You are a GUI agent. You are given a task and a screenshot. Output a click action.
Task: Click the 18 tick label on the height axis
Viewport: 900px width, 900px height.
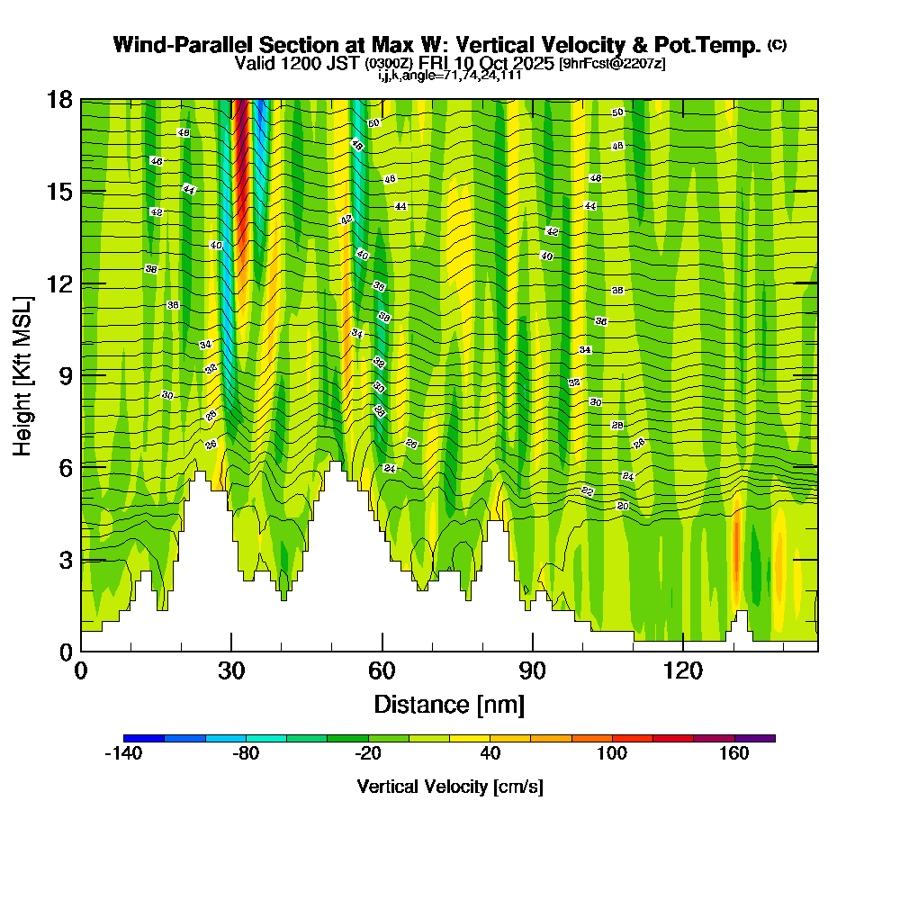59,100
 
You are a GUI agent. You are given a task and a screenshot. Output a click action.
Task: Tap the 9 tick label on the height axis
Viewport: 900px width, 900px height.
65,375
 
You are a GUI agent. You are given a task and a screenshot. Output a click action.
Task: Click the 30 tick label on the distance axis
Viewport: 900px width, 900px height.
231,671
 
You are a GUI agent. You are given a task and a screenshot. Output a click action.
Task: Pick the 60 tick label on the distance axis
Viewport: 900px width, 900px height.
382,671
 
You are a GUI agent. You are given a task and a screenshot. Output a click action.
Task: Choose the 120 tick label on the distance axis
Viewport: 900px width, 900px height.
683,671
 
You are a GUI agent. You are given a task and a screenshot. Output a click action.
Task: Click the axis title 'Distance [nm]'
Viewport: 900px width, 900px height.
449,704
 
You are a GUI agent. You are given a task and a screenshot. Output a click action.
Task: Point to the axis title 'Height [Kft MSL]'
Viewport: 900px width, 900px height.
23,374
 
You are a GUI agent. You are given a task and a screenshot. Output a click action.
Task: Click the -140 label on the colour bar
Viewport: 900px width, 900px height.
123,754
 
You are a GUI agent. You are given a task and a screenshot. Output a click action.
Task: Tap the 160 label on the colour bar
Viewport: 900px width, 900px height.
734,754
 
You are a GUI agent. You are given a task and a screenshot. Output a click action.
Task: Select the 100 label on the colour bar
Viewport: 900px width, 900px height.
612,754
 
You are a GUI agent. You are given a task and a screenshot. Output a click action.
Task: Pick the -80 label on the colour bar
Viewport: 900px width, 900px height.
246,754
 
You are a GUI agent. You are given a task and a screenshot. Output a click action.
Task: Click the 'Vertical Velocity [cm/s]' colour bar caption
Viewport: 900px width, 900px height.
449,787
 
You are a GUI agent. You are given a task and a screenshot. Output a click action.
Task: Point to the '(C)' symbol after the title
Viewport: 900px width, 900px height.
777,44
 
